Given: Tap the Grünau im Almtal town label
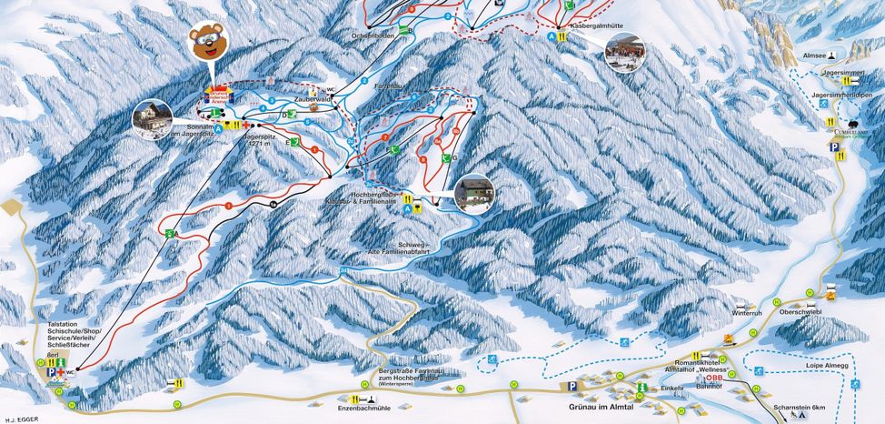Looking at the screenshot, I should click(x=600, y=409).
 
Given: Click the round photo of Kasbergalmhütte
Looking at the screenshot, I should click(x=624, y=52).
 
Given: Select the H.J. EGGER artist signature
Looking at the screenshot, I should click(x=19, y=419).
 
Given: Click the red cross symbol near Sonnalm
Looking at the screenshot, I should click(x=246, y=124).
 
